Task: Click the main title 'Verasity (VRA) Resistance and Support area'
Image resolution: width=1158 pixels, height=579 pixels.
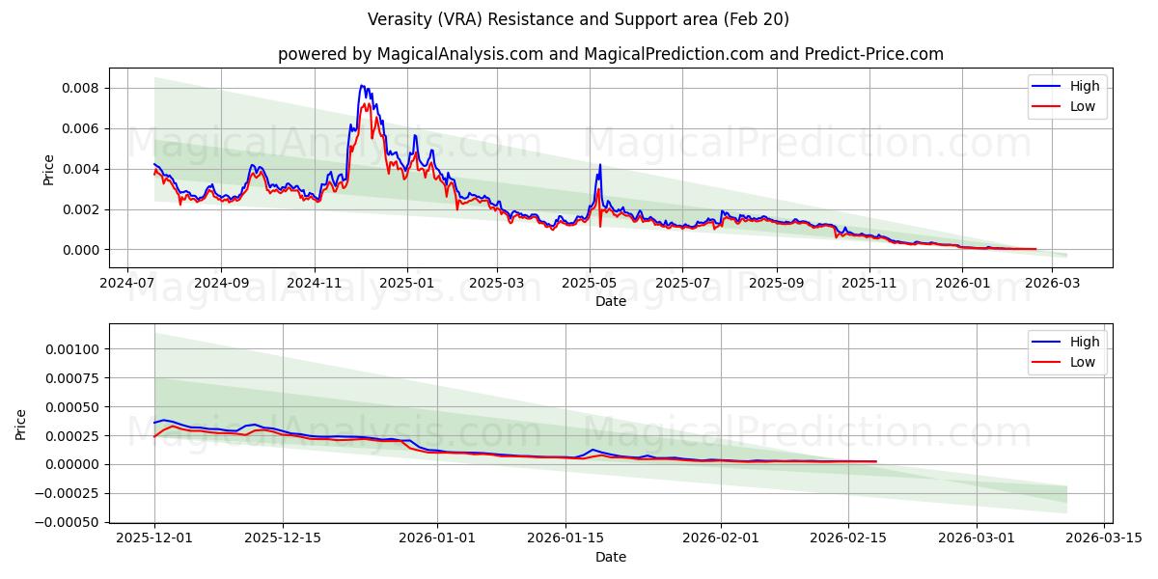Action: pyautogui.click(x=578, y=19)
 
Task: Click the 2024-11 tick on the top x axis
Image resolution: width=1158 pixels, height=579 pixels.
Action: pyautogui.click(x=314, y=284)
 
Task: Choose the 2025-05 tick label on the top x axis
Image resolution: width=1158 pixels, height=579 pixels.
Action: pyautogui.click(x=590, y=284)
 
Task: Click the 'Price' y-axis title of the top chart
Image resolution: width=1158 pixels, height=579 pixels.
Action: pyautogui.click(x=48, y=169)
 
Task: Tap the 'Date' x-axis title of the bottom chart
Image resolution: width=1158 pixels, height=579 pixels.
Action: pyautogui.click(x=610, y=557)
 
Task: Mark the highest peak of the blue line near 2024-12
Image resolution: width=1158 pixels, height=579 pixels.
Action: pyautogui.click(x=362, y=85)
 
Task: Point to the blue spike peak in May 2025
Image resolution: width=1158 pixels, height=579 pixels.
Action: pyautogui.click(x=600, y=164)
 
